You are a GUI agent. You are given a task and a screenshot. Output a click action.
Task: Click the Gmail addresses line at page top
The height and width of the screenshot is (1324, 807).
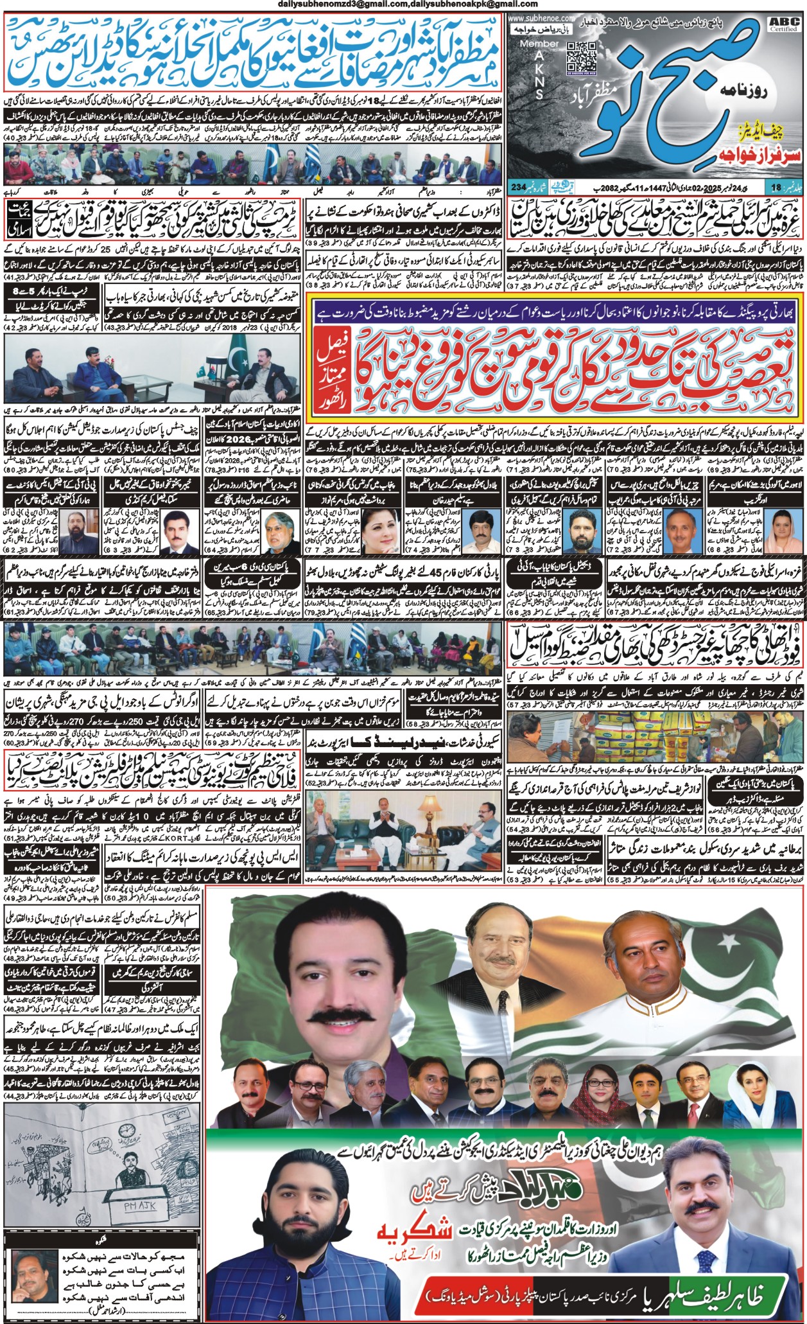(x=403, y=5)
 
